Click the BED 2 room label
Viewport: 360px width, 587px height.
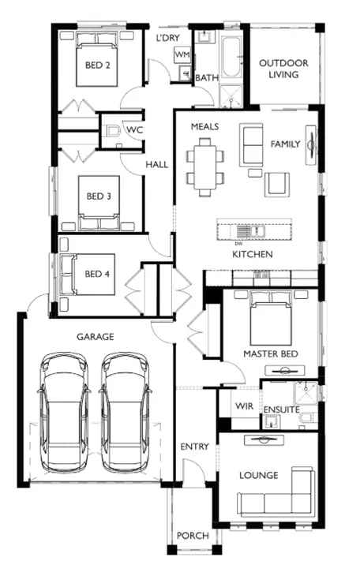tap(96, 65)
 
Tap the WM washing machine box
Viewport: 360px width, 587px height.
tap(182, 54)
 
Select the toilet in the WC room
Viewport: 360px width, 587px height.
tap(111, 132)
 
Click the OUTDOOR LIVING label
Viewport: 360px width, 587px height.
tap(283, 69)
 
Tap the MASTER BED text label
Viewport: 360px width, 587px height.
tap(271, 354)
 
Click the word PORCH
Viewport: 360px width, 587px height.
tap(193, 536)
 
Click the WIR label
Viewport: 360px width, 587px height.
tap(242, 406)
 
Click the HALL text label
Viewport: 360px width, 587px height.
tap(156, 165)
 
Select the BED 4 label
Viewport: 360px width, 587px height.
tap(98, 275)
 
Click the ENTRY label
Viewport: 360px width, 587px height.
tap(194, 447)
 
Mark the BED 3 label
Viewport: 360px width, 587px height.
tap(98, 196)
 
